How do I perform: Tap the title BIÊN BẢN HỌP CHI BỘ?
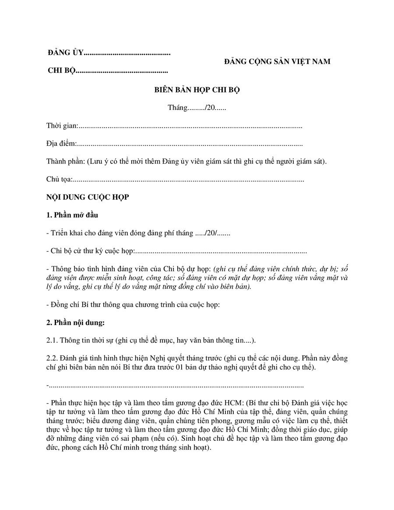[x=197, y=90]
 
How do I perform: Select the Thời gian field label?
[x=62, y=126]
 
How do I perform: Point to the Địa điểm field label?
[x=61, y=144]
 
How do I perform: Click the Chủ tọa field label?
[x=59, y=179]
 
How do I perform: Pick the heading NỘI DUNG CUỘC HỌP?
[x=88, y=197]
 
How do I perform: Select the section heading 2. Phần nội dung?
[x=75, y=322]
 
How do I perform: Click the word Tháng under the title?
[x=177, y=108]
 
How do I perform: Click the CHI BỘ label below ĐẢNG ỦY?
[x=61, y=71]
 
